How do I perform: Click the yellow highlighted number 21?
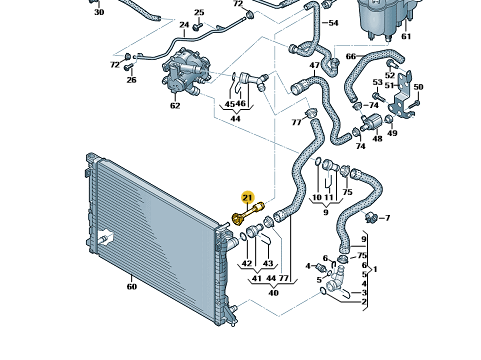coord(247,198)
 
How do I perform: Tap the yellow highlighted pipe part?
coord(248,213)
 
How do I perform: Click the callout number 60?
coord(132,286)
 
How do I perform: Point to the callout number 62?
coord(175,106)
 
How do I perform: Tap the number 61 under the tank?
coord(406,36)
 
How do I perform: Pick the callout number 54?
coord(333,23)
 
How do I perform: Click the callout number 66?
coord(351,56)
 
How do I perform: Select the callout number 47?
coord(315,65)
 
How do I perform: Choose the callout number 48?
coord(377,138)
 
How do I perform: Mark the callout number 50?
coord(418,87)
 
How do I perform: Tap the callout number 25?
coord(199,13)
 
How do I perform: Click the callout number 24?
coord(184,25)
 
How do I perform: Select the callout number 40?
coord(273,293)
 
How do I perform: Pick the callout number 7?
coord(387,218)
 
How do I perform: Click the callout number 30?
coord(99,12)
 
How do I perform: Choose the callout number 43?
coord(268,263)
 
